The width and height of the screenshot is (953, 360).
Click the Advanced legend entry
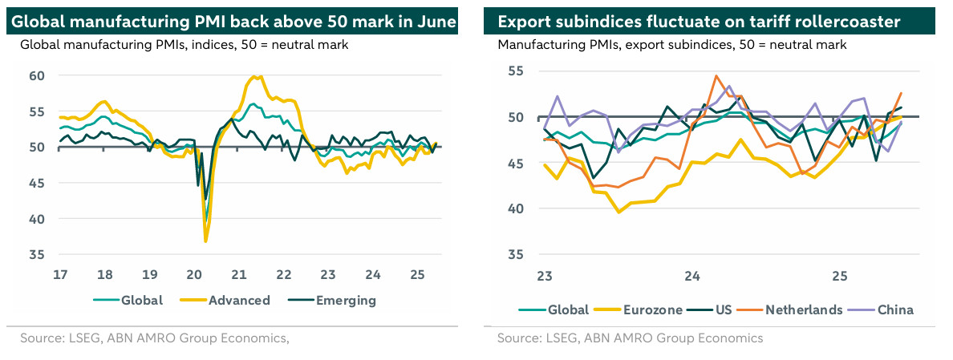[237, 301]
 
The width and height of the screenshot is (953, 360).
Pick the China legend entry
[895, 309]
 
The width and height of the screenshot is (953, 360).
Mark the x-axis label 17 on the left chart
[59, 275]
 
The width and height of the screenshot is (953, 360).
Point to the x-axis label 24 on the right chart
[692, 275]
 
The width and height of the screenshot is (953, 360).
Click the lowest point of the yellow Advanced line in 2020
[206, 241]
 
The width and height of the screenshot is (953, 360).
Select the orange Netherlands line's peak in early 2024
[716, 76]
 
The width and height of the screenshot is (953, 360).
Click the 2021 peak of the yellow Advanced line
[253, 76]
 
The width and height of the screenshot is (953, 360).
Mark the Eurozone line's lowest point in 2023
[618, 212]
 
